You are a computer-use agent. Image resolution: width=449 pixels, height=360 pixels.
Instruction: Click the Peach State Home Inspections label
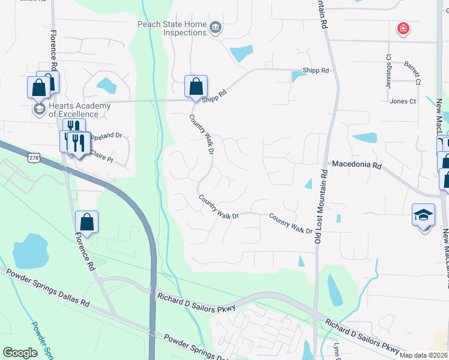[x=172, y=28]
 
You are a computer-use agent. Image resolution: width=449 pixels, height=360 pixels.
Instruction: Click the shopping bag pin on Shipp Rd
[x=196, y=86]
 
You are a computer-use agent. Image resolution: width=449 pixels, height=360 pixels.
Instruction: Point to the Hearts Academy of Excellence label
[x=79, y=110]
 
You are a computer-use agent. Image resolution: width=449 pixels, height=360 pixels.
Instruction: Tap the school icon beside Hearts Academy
[x=39, y=109]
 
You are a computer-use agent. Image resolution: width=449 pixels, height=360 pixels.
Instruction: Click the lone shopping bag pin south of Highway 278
[x=86, y=222]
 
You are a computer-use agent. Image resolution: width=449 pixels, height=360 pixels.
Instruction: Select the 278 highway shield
[x=33, y=157]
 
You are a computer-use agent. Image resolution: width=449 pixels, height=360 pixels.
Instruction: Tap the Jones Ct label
[x=403, y=101]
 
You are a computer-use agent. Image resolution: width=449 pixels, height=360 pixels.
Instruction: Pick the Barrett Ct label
[x=412, y=65]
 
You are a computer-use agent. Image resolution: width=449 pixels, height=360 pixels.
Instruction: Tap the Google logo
[x=20, y=353]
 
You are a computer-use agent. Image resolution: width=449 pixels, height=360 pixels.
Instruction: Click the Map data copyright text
[x=423, y=355]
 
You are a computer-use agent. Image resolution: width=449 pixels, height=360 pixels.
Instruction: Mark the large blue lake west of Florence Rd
[x=30, y=251]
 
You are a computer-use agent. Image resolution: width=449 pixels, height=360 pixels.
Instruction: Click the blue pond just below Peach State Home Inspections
[x=241, y=54]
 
